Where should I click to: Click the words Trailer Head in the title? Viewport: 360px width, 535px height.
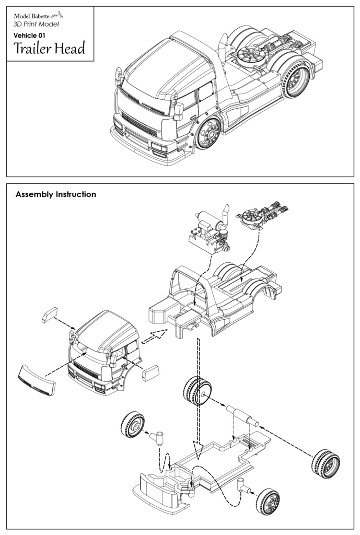pos(49,49)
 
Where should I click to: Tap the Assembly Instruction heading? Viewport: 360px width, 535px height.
pos(56,194)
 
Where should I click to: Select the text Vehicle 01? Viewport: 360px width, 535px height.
pos(30,35)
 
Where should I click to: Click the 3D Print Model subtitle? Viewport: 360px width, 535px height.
pos(36,25)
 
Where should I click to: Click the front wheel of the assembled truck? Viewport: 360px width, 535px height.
pos(210,133)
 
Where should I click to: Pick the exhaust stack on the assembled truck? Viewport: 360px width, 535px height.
pos(222,48)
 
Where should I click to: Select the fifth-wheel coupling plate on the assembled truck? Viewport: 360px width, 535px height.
pos(249,54)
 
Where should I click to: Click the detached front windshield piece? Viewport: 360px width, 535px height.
pos(37,380)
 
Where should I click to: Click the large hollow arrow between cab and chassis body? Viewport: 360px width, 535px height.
pos(155,335)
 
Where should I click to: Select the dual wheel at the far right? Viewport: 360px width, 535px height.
pos(325,463)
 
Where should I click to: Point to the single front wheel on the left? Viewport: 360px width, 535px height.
pos(132,425)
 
